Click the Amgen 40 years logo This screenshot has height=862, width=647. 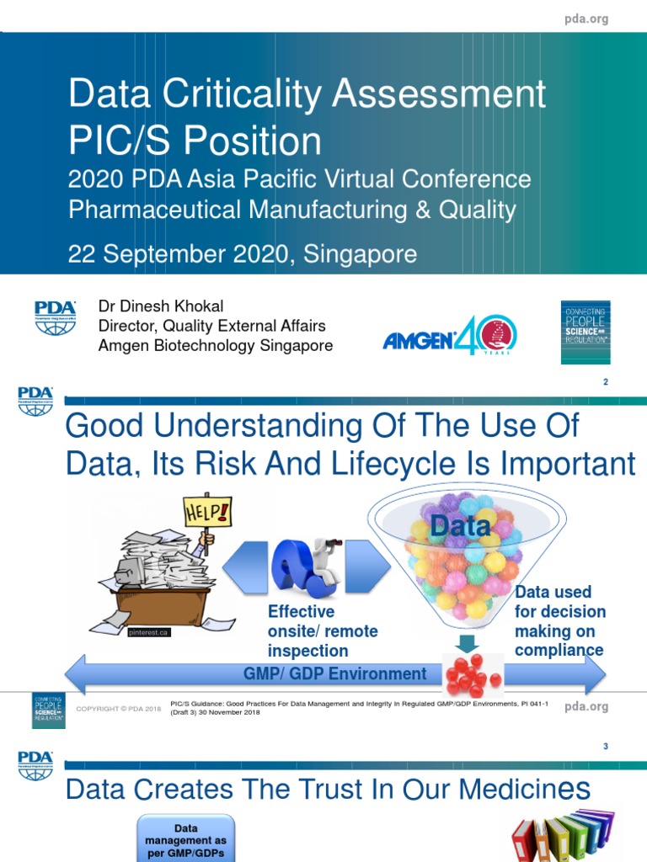coord(450,333)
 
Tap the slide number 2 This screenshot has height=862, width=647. coord(605,383)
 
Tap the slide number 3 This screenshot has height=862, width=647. coord(605,747)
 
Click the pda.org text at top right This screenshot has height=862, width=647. coord(586,19)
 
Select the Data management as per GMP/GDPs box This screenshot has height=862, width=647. coord(186,836)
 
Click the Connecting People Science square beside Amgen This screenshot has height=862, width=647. coord(586,333)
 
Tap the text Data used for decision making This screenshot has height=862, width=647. coord(559,621)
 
